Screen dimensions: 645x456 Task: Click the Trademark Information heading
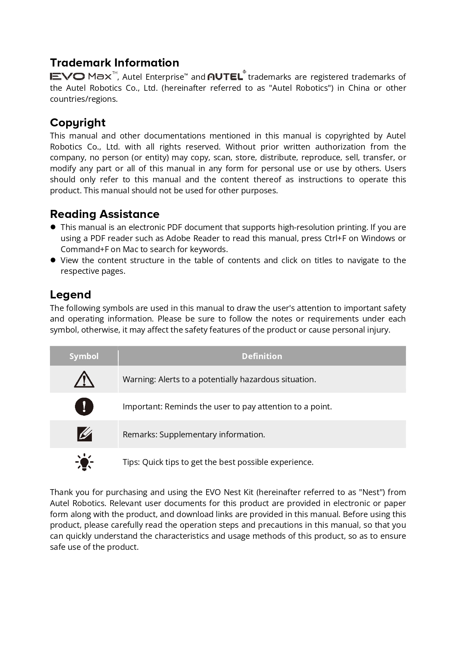coord(114,62)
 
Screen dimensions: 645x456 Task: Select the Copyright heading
coord(78,122)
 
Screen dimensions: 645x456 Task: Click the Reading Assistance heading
coord(104,214)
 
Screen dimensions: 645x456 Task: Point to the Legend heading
coord(70,294)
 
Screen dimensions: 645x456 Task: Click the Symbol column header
coord(84,356)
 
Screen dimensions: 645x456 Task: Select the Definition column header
coord(262,356)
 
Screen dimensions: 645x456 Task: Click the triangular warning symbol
coord(84,379)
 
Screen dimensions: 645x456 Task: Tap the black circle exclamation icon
coord(84,406)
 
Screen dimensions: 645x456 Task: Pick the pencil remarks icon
coord(84,434)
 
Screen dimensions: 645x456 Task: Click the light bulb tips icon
coord(84,462)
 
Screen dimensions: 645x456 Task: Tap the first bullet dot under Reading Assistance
coord(53,227)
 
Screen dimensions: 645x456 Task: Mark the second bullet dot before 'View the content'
coord(53,260)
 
